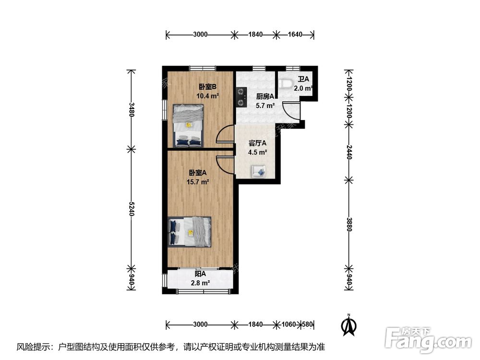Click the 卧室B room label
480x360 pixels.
tap(207, 87)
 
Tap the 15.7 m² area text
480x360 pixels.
tap(198, 182)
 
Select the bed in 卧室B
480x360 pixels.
tap(188, 125)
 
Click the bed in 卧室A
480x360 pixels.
tap(190, 232)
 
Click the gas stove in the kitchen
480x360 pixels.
tap(241, 97)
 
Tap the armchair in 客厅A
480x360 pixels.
tap(258, 171)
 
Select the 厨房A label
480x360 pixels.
tap(265, 96)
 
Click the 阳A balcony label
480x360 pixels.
tap(200, 274)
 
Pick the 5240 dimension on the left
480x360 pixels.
tap(132, 208)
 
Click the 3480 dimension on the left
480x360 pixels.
tap(132, 109)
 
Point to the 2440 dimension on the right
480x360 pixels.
tap(348, 152)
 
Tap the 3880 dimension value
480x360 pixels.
tap(348, 224)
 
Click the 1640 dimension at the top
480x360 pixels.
tap(295, 34)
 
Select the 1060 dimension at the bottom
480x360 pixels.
tap(288, 324)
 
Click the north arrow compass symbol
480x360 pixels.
tap(348, 325)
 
